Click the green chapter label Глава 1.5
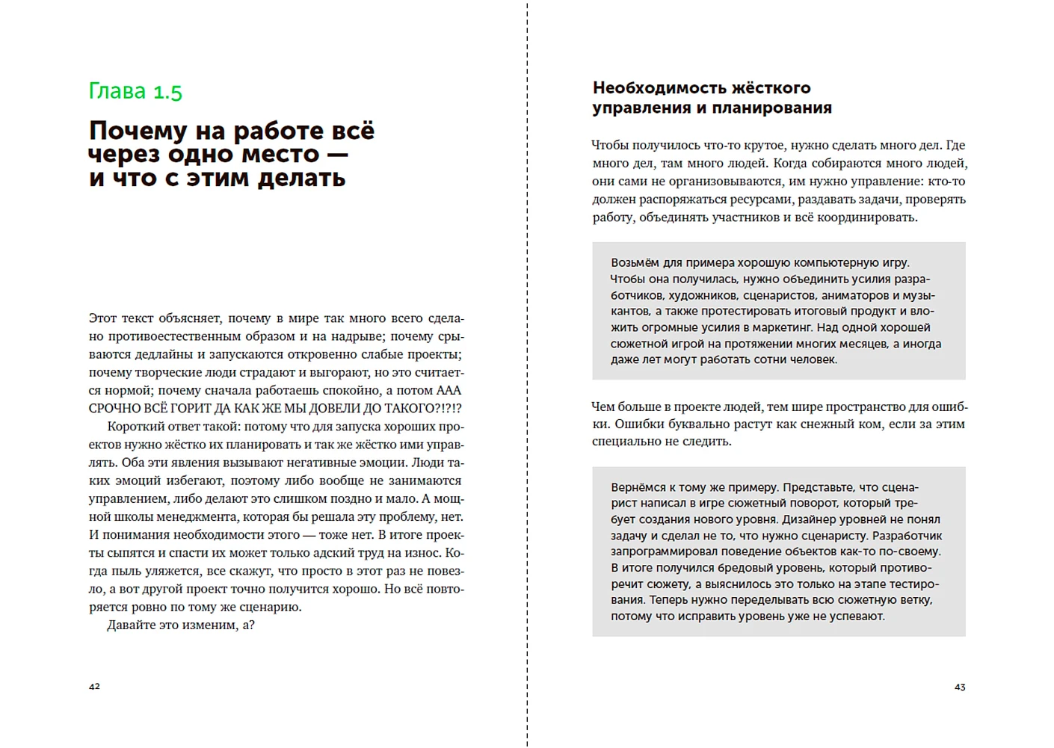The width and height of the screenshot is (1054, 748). pyautogui.click(x=135, y=91)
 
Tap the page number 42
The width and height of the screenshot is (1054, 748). pyautogui.click(x=94, y=686)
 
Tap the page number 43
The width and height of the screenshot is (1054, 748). pyautogui.click(x=960, y=687)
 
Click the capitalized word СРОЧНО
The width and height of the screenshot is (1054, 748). pyautogui.click(x=114, y=409)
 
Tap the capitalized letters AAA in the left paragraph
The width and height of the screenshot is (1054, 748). pyautogui.click(x=449, y=391)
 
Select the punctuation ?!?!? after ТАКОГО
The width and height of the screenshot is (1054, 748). pyautogui.click(x=449, y=409)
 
